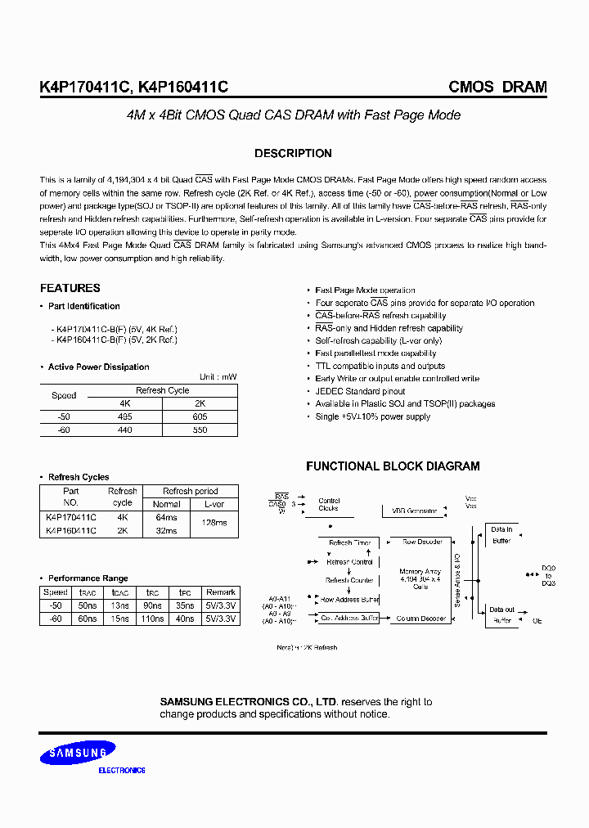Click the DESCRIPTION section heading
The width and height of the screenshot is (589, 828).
pos(293,154)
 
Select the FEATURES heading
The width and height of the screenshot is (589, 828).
pos(70,288)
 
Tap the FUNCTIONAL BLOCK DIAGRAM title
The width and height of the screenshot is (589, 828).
pos(393,466)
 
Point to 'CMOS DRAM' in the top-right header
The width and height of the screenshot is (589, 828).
pos(497,88)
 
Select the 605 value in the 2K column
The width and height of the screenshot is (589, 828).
pos(199,416)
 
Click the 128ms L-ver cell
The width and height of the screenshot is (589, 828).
pos(214,523)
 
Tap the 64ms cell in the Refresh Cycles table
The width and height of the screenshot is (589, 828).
pos(166,517)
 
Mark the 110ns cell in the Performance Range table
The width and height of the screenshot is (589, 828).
pos(152,619)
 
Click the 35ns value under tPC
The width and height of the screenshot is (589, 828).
pos(185,606)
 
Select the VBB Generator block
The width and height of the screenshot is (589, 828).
pos(414,511)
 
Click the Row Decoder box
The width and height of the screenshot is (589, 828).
pos(422,542)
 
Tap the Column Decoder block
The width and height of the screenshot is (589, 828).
pos(420,619)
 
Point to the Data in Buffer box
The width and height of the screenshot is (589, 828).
pos(501,535)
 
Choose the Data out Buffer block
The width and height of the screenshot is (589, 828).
pos(501,615)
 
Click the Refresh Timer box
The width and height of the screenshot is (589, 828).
pos(349,542)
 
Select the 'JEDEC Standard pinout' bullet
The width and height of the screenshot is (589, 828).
pos(360,391)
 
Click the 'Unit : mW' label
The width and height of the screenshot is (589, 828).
pos(218,377)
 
